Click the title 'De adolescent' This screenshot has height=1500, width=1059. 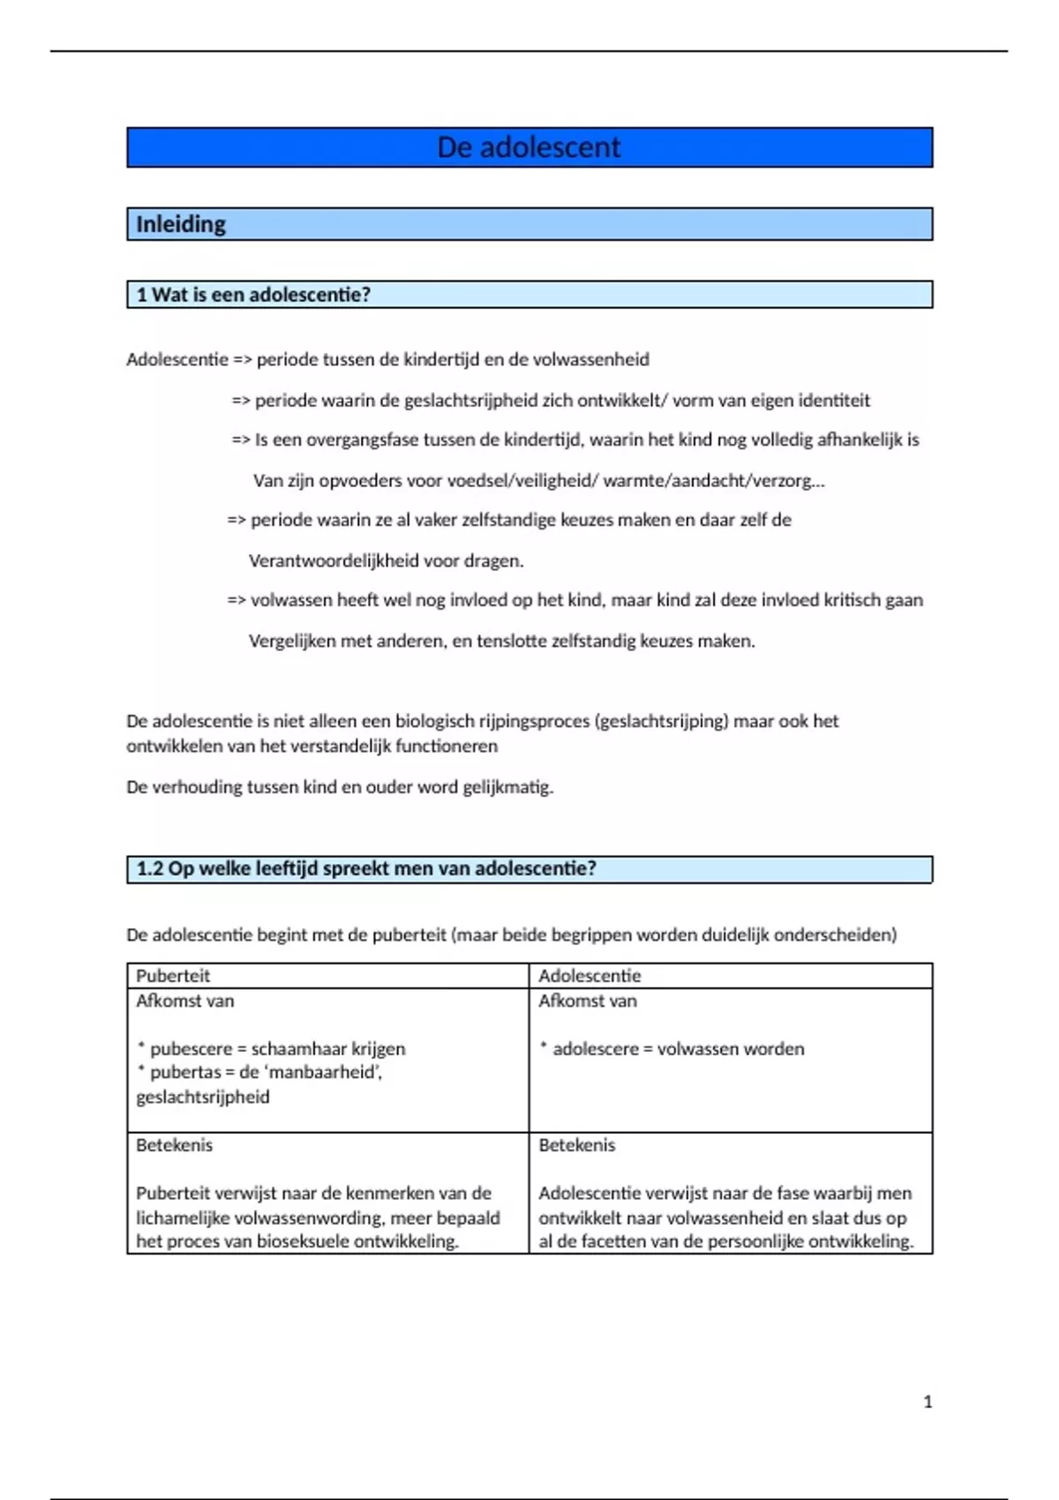pos(529,147)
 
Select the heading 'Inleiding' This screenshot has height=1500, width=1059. pos(181,224)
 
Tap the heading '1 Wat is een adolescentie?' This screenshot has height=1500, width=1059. pos(253,295)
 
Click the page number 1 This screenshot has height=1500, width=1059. pos(928,1401)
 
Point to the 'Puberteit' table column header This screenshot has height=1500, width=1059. pos(173,976)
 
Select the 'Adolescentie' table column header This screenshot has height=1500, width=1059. pos(590,976)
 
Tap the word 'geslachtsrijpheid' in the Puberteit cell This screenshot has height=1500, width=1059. pos(203,1097)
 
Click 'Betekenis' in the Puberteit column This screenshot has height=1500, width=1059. pos(174,1145)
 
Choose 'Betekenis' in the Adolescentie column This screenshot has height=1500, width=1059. pos(577,1145)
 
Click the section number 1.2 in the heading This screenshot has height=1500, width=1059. pos(150,868)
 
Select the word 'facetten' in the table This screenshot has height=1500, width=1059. pos(631,1241)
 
